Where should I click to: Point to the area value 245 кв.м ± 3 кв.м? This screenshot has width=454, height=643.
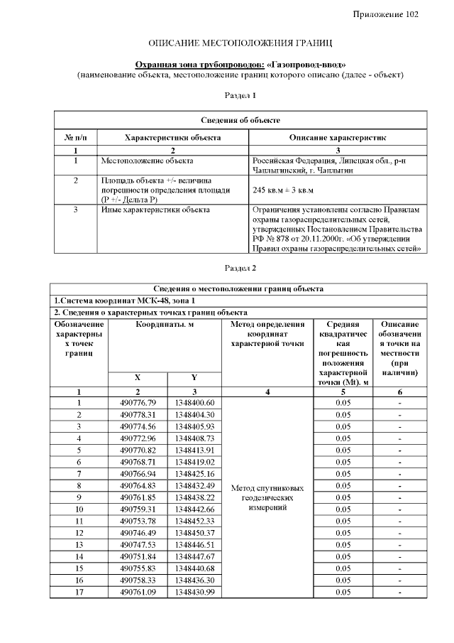coord(284,190)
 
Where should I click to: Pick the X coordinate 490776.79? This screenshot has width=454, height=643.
coord(138,403)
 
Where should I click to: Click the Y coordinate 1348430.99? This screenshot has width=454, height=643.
coord(194,592)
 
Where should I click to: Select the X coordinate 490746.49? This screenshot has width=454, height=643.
coord(138,533)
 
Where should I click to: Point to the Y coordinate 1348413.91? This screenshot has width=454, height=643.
coord(194,450)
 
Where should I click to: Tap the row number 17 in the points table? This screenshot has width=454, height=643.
coord(79,592)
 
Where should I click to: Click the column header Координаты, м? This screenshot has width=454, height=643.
coord(165,324)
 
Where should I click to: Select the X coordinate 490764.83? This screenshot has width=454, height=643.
coord(138,485)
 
